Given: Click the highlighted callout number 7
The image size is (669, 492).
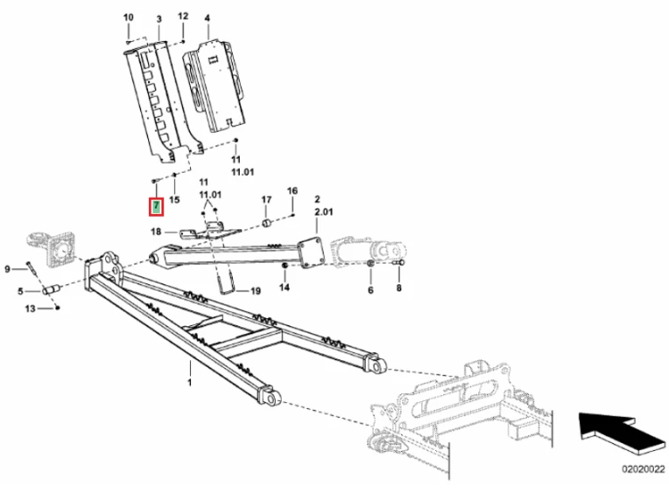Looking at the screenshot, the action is pos(157,207).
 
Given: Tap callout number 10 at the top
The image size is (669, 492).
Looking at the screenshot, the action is pos(128,18).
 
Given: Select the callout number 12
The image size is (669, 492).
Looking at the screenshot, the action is pos(183,16).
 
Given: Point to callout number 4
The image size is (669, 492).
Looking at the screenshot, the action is pos(207,19).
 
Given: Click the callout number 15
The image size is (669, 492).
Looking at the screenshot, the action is pos(175,200).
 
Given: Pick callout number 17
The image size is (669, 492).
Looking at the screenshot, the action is pos(266,200).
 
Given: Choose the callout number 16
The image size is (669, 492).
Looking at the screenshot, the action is pos(293,191).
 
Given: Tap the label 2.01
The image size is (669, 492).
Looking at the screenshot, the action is pos(324,212).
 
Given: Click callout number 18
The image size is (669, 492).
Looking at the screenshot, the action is pos(156,232).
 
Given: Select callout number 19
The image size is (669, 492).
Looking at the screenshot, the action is pos(255,291).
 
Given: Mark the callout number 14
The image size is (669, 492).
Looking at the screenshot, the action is pos(285,287).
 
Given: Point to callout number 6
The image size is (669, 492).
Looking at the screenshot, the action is pos(370,290).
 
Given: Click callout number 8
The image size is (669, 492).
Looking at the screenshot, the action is pos(399,288).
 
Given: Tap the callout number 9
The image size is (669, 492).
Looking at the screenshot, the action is pos(7,269).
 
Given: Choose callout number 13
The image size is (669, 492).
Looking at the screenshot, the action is pos(29,308).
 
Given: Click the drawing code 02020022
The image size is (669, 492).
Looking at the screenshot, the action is pos(643,470).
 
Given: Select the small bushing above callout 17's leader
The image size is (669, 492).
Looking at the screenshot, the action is pos(266,223).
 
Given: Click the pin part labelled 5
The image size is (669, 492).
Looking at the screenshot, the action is pos(52,290).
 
